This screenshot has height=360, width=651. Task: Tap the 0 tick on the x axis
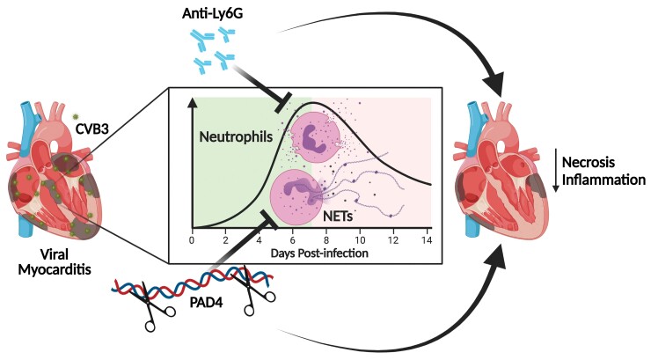[x=192, y=240]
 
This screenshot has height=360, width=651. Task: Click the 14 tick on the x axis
[x=428, y=240]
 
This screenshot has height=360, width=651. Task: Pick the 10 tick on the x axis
[x=361, y=240]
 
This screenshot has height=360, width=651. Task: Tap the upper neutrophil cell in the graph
[x=312, y=137]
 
